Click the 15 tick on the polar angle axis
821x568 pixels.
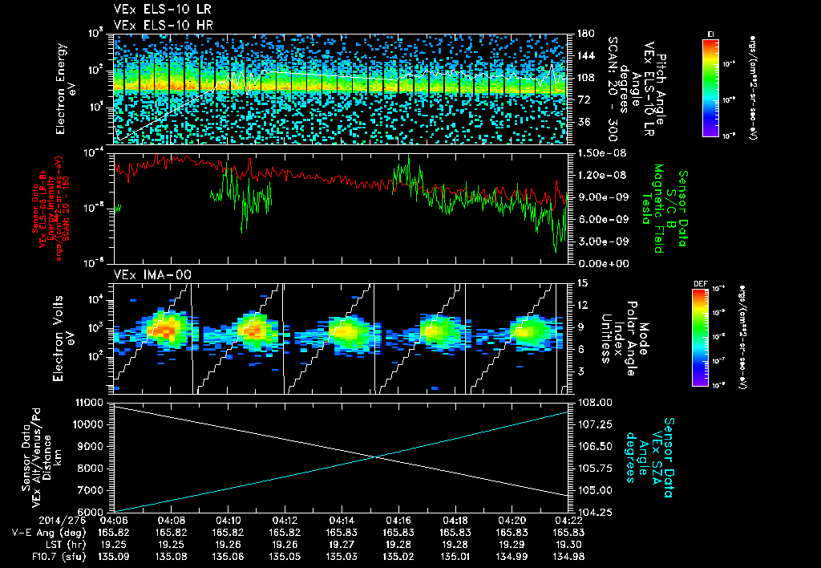pyautogui.click(x=579, y=282)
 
